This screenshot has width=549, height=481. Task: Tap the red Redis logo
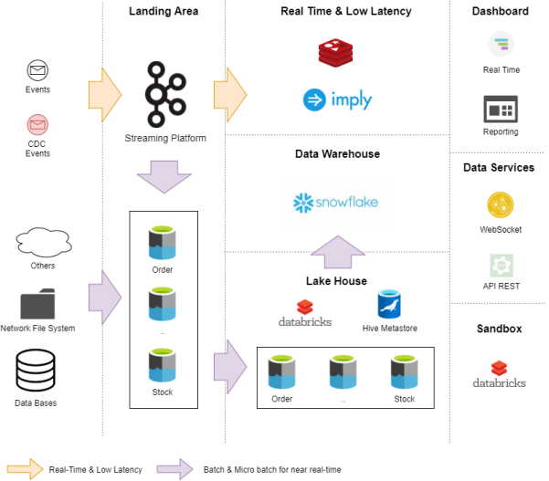(337, 54)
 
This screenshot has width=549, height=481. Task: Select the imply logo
(338, 99)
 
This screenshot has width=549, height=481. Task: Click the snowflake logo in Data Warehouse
(335, 203)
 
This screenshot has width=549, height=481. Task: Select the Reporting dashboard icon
(501, 110)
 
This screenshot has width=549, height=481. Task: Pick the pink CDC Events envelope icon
(37, 125)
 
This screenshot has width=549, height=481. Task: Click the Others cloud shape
(43, 243)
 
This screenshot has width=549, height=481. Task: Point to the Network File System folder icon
(37, 304)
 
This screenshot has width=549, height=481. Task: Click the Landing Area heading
(164, 11)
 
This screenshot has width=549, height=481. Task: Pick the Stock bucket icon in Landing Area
(163, 366)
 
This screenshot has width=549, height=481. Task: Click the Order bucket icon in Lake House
(282, 373)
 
